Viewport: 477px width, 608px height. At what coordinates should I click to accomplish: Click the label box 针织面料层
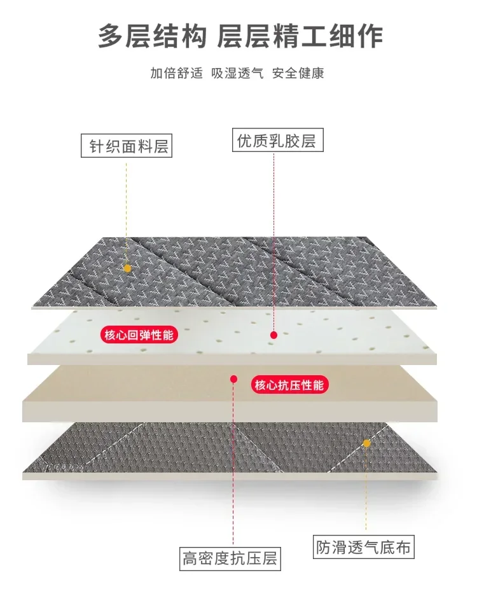[127, 146]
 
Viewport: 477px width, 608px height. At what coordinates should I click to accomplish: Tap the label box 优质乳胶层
[276, 140]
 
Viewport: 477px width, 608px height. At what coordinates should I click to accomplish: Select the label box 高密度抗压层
[230, 558]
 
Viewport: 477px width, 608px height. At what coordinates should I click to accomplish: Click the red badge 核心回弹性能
[138, 335]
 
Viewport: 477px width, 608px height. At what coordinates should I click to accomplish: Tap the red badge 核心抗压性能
[289, 385]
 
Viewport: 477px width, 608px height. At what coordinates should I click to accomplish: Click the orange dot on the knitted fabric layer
[127, 268]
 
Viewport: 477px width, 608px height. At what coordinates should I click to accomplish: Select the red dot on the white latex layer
[273, 335]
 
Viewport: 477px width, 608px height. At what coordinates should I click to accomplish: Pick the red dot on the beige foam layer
[233, 379]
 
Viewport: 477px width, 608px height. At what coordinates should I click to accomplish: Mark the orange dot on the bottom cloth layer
[366, 443]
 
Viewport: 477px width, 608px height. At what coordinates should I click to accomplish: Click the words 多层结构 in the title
[153, 36]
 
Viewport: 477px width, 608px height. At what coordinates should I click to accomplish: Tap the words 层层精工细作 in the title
[300, 36]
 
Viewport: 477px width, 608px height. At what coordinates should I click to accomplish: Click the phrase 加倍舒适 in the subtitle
[176, 73]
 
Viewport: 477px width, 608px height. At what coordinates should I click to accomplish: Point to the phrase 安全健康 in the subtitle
[298, 73]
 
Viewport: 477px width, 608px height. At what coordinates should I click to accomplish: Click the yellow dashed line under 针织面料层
[127, 210]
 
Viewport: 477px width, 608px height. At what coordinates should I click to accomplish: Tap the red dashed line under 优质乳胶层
[273, 242]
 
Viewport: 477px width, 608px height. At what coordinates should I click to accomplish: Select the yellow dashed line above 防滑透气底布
[366, 490]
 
